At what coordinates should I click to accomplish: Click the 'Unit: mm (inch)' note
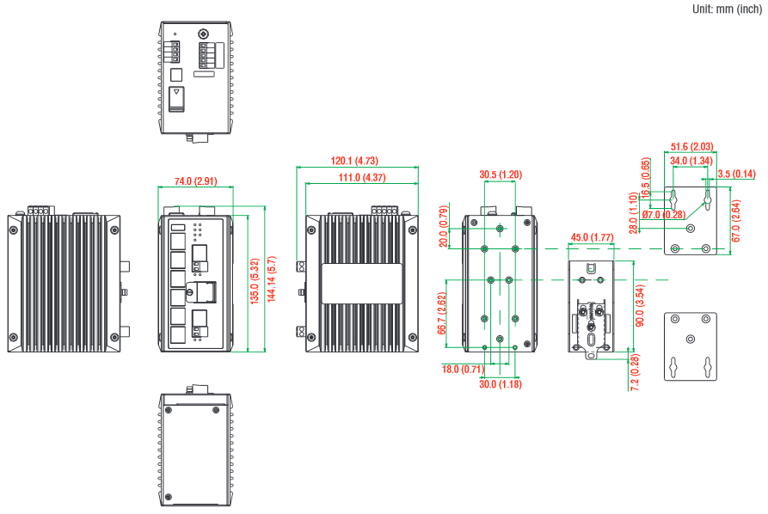(x=726, y=9)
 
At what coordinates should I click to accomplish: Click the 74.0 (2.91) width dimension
(x=195, y=181)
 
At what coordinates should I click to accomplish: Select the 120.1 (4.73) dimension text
(x=355, y=161)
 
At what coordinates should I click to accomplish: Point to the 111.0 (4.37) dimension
(x=362, y=178)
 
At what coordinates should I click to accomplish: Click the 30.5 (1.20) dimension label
(x=501, y=174)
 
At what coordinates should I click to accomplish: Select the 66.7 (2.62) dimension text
(x=441, y=313)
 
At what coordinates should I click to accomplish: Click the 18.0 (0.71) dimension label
(x=461, y=370)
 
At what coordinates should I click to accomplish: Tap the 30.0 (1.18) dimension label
(x=501, y=383)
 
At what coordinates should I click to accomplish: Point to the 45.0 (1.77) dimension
(x=592, y=237)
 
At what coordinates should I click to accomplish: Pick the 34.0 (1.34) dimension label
(x=691, y=161)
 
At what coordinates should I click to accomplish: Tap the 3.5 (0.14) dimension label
(x=738, y=174)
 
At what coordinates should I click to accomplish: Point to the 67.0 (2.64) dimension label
(x=736, y=221)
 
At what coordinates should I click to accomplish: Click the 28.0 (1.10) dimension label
(x=633, y=212)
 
